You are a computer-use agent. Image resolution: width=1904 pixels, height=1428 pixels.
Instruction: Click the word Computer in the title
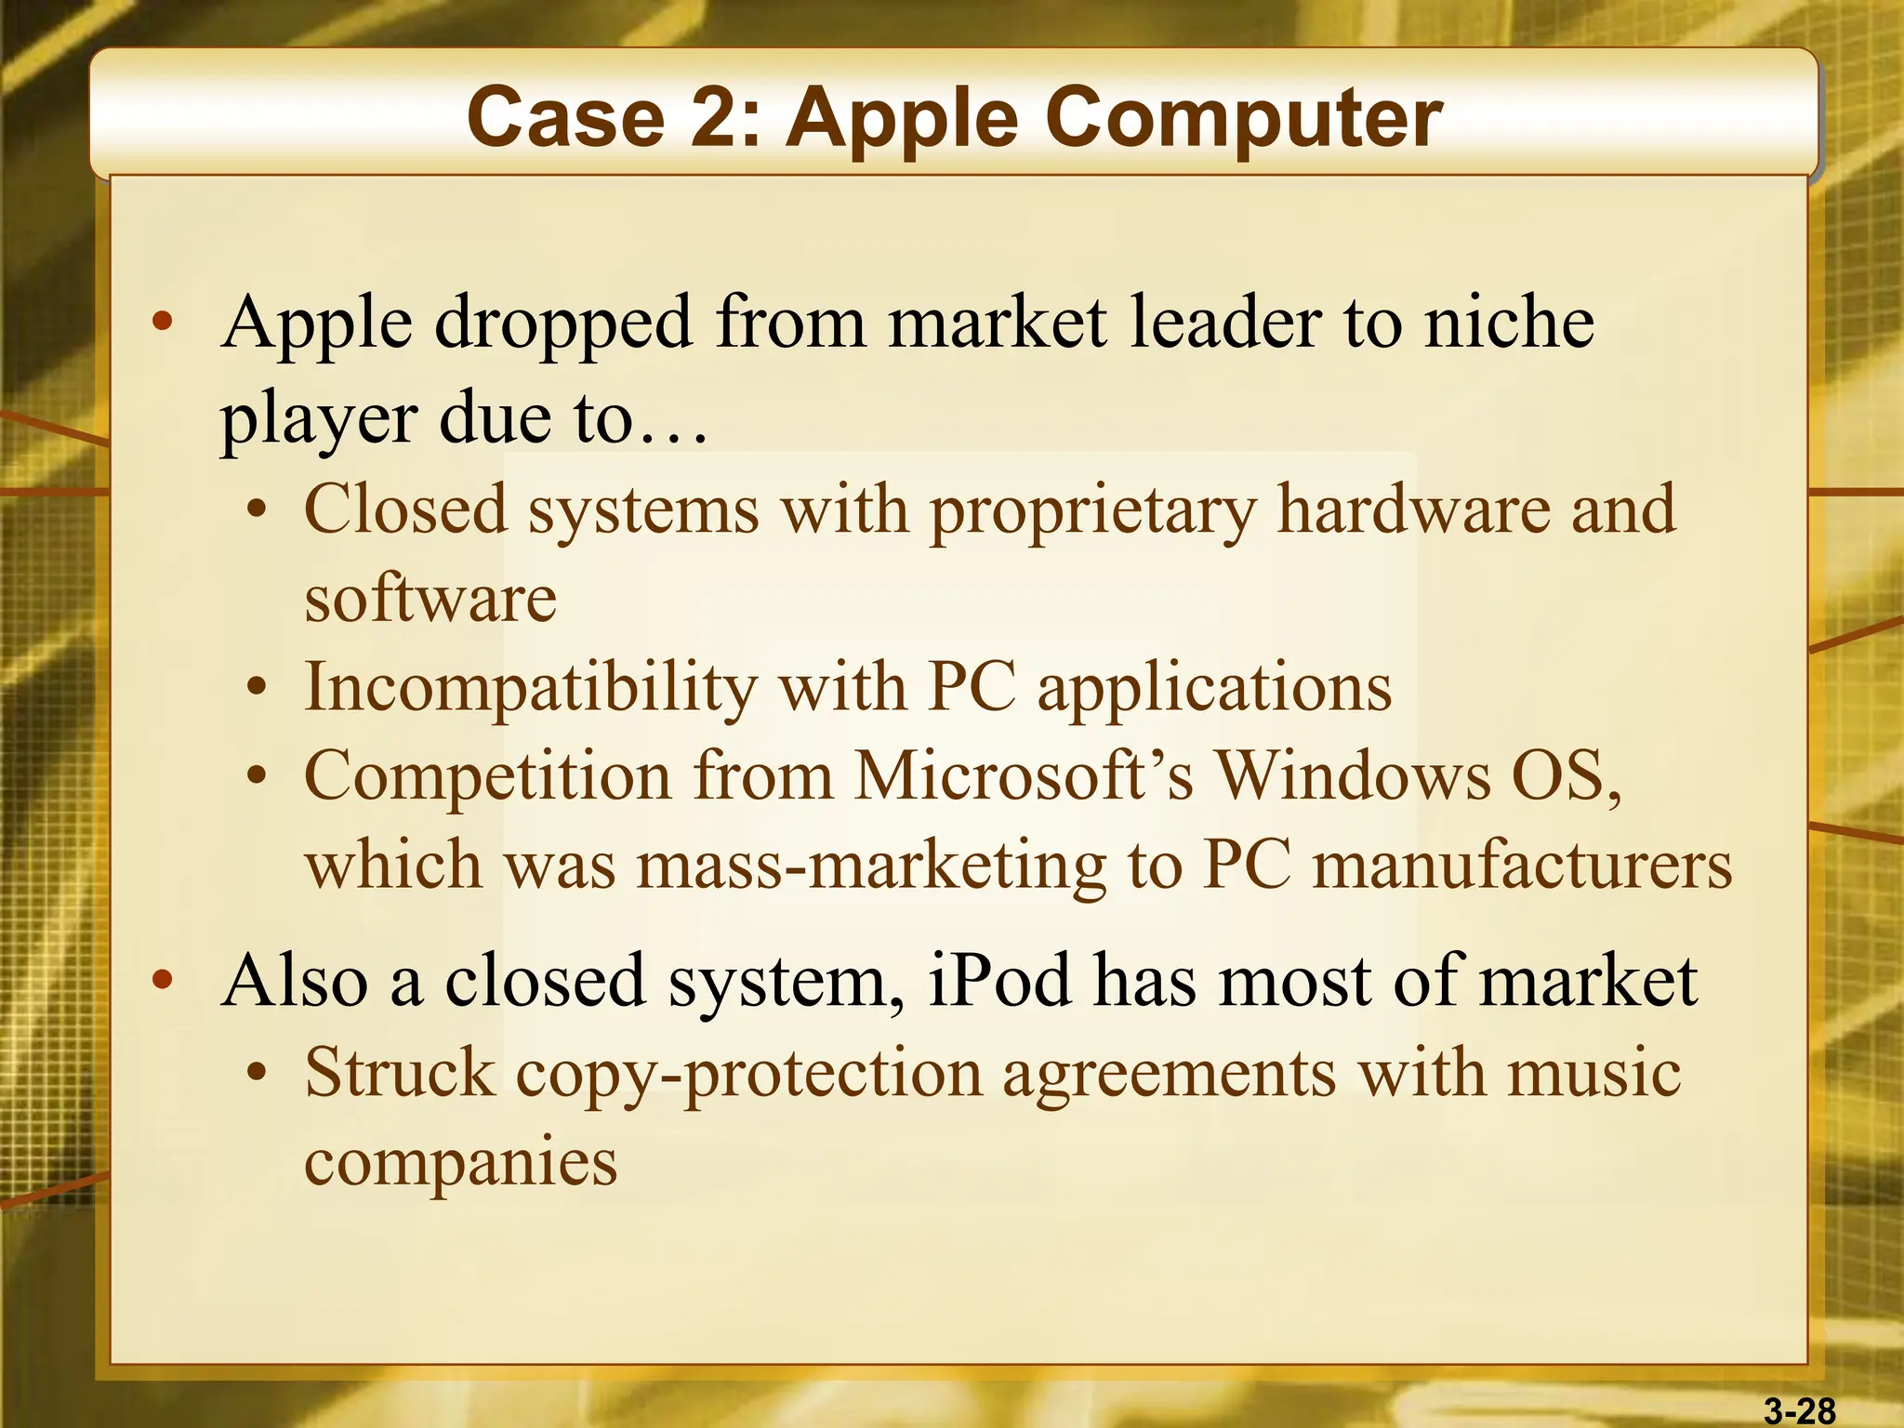(1245, 118)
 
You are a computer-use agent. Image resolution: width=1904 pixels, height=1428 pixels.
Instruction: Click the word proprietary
(1092, 510)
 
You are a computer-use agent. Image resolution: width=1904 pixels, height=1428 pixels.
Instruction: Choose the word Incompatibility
(530, 688)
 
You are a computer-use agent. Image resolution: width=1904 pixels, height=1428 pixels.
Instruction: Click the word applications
(1214, 688)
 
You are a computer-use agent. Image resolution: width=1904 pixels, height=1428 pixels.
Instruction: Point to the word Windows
(1354, 775)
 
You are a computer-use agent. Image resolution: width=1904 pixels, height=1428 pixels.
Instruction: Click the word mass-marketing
(872, 865)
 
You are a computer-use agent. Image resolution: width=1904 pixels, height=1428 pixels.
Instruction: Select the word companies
(460, 1161)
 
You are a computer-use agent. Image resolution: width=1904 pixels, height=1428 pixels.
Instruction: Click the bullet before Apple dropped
(163, 323)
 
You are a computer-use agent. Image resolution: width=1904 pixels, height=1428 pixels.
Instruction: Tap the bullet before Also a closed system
(163, 980)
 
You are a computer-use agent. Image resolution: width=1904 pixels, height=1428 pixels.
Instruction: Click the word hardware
(1413, 510)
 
